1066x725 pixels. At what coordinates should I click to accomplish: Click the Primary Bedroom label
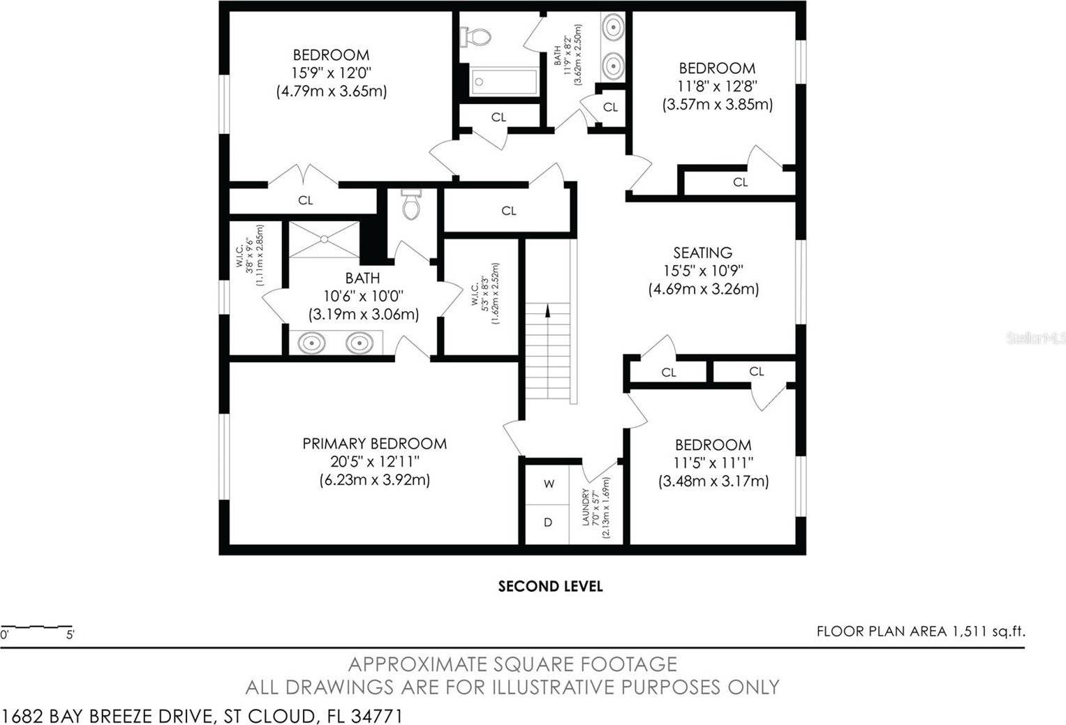click(374, 443)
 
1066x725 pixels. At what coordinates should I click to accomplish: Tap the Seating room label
click(702, 253)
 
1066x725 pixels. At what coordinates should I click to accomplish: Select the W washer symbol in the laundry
click(549, 484)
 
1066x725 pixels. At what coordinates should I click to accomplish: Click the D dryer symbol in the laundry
click(548, 523)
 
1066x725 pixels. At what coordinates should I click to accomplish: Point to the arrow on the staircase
click(547, 310)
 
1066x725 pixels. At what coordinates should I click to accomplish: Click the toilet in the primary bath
click(411, 204)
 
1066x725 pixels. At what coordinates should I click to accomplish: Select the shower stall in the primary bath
click(324, 239)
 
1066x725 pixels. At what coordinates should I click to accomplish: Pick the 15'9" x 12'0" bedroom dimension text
click(331, 73)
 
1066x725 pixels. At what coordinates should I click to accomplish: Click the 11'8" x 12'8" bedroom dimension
click(717, 86)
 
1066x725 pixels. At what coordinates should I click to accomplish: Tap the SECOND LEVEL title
click(550, 586)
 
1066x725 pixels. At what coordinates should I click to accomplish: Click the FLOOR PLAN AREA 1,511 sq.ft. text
click(921, 631)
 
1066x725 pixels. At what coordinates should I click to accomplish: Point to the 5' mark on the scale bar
click(70, 634)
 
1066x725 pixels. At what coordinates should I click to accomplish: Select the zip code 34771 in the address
click(377, 716)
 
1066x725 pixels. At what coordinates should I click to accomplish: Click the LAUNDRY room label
click(586, 507)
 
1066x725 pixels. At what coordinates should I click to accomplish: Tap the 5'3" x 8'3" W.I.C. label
click(485, 294)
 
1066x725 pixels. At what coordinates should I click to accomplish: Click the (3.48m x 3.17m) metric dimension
click(713, 481)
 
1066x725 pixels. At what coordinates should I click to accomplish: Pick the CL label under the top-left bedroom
click(306, 200)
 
